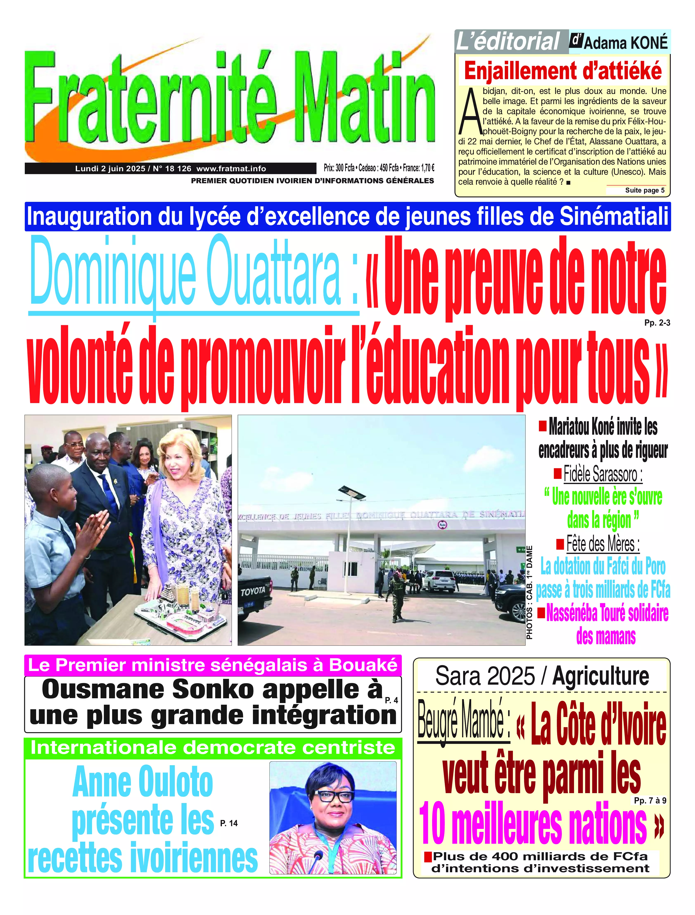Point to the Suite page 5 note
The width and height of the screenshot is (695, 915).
(645, 190)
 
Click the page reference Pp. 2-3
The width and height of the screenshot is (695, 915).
(657, 323)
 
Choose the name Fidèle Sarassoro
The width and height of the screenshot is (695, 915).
(602, 474)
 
